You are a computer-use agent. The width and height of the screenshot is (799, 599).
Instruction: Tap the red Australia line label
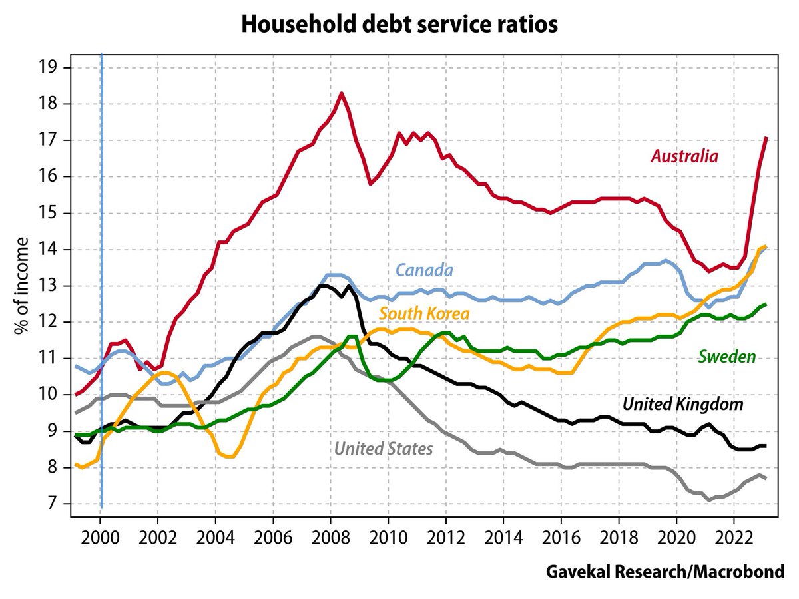pos(684,157)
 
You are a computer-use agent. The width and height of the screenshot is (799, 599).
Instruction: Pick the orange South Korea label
pos(424,313)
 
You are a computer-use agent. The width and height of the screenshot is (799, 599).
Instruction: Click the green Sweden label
pos(726,357)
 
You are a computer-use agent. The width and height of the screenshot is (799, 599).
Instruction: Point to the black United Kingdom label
pos(682,404)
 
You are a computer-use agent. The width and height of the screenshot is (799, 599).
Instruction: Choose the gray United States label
pos(384,449)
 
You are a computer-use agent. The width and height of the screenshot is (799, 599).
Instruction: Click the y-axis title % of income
pos(21,286)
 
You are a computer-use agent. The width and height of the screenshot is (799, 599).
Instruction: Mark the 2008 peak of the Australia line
pos(341,93)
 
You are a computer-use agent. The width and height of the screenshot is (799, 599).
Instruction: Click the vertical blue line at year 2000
pos(101,266)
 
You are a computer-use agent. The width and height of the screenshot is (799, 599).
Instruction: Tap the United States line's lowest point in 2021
pos(710,500)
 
